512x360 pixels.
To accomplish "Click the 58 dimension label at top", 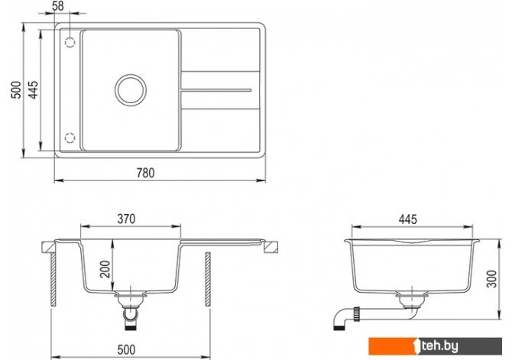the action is [58, 6].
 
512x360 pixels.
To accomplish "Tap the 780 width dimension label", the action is [146, 173].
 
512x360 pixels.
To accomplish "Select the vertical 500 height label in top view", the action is [16, 90].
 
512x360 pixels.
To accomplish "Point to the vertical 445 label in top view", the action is [33, 90].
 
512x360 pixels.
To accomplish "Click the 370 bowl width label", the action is [126, 219].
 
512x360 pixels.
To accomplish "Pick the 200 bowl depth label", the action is [105, 269].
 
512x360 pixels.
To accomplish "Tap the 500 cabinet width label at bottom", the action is [126, 349].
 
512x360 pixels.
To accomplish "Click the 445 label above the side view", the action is [408, 219].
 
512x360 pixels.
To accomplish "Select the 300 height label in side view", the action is [491, 279].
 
